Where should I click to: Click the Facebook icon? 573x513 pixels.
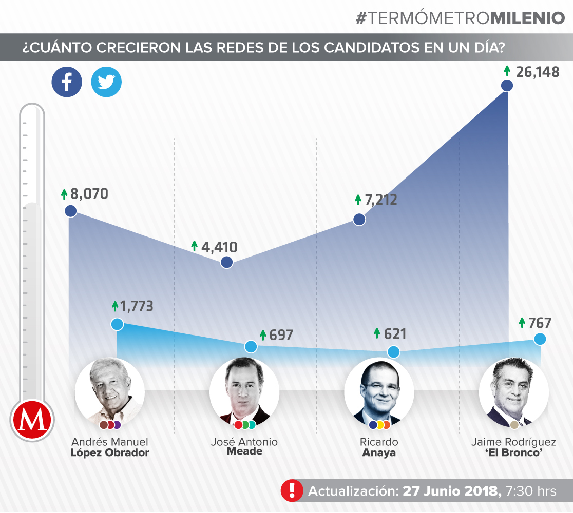(67, 82)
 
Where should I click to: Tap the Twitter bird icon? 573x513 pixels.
(106, 82)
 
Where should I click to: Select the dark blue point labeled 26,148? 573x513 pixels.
(507, 86)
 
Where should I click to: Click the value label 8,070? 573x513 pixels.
(89, 194)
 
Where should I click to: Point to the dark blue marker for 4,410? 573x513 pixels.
(227, 263)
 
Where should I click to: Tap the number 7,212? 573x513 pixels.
(381, 200)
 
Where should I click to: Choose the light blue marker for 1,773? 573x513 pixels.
(118, 324)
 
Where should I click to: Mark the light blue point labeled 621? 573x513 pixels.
(393, 352)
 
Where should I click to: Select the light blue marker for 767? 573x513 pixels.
(540, 339)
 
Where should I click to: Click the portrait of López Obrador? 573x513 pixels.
(109, 392)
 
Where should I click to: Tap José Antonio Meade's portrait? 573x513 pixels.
(244, 392)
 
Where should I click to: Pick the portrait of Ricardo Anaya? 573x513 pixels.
(379, 392)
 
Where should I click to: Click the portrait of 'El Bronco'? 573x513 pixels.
(513, 392)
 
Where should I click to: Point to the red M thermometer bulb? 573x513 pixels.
(31, 420)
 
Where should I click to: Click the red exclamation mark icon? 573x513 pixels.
(292, 490)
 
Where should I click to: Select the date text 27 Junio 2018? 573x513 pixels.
(452, 490)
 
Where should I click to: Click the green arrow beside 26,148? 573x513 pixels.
(507, 71)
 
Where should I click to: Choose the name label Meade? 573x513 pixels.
(244, 451)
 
